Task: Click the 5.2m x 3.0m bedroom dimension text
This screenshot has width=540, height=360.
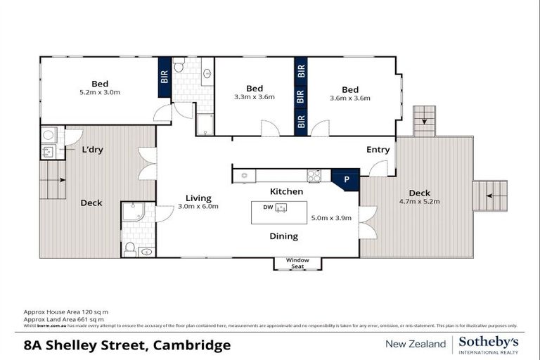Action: click(x=100, y=92)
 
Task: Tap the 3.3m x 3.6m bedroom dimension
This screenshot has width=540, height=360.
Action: click(x=255, y=98)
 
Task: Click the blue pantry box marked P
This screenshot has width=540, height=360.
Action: click(x=345, y=179)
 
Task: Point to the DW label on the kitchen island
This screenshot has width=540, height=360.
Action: click(x=267, y=207)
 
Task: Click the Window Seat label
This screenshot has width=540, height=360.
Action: click(x=297, y=263)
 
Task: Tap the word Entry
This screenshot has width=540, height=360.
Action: click(x=378, y=150)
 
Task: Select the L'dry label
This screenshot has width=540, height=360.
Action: click(x=92, y=150)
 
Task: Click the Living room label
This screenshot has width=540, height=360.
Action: click(x=198, y=198)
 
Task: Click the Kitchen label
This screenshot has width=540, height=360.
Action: click(x=287, y=191)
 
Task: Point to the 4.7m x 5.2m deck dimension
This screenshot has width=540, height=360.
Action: click(x=420, y=202)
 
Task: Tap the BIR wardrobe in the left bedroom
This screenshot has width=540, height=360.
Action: click(x=164, y=76)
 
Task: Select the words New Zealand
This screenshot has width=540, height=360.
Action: click(x=415, y=344)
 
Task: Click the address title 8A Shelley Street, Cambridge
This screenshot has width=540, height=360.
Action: click(x=127, y=345)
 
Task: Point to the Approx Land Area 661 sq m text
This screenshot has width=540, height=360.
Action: click(x=66, y=318)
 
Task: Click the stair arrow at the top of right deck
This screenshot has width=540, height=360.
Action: click(x=424, y=122)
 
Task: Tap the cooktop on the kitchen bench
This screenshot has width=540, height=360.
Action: click(x=314, y=176)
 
